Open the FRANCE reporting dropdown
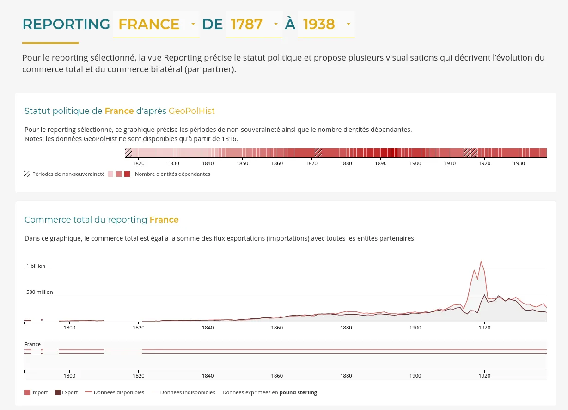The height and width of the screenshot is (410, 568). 156,24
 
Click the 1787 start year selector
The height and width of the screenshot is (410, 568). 254,24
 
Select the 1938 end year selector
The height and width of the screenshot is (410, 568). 325,24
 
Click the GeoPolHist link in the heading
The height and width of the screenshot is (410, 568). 191,111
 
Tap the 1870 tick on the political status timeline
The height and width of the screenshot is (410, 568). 311,163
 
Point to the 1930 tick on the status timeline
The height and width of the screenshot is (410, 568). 519,163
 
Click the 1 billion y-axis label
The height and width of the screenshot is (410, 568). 36,266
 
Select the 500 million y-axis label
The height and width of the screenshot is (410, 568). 39,292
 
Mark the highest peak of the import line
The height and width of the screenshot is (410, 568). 481,261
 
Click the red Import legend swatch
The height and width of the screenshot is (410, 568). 27,392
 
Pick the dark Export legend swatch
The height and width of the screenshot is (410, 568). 58,392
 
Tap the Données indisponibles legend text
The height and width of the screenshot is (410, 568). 187,392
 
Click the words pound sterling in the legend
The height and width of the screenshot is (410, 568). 298,392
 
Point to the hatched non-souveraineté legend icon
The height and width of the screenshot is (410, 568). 27,174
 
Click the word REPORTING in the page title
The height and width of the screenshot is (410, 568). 66,24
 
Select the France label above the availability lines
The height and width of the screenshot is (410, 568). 32,344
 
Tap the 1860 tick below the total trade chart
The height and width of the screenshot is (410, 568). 277,328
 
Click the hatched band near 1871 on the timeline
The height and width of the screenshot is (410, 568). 318,153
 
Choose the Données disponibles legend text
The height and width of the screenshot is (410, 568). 119,392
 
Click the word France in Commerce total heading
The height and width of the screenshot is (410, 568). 164,220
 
